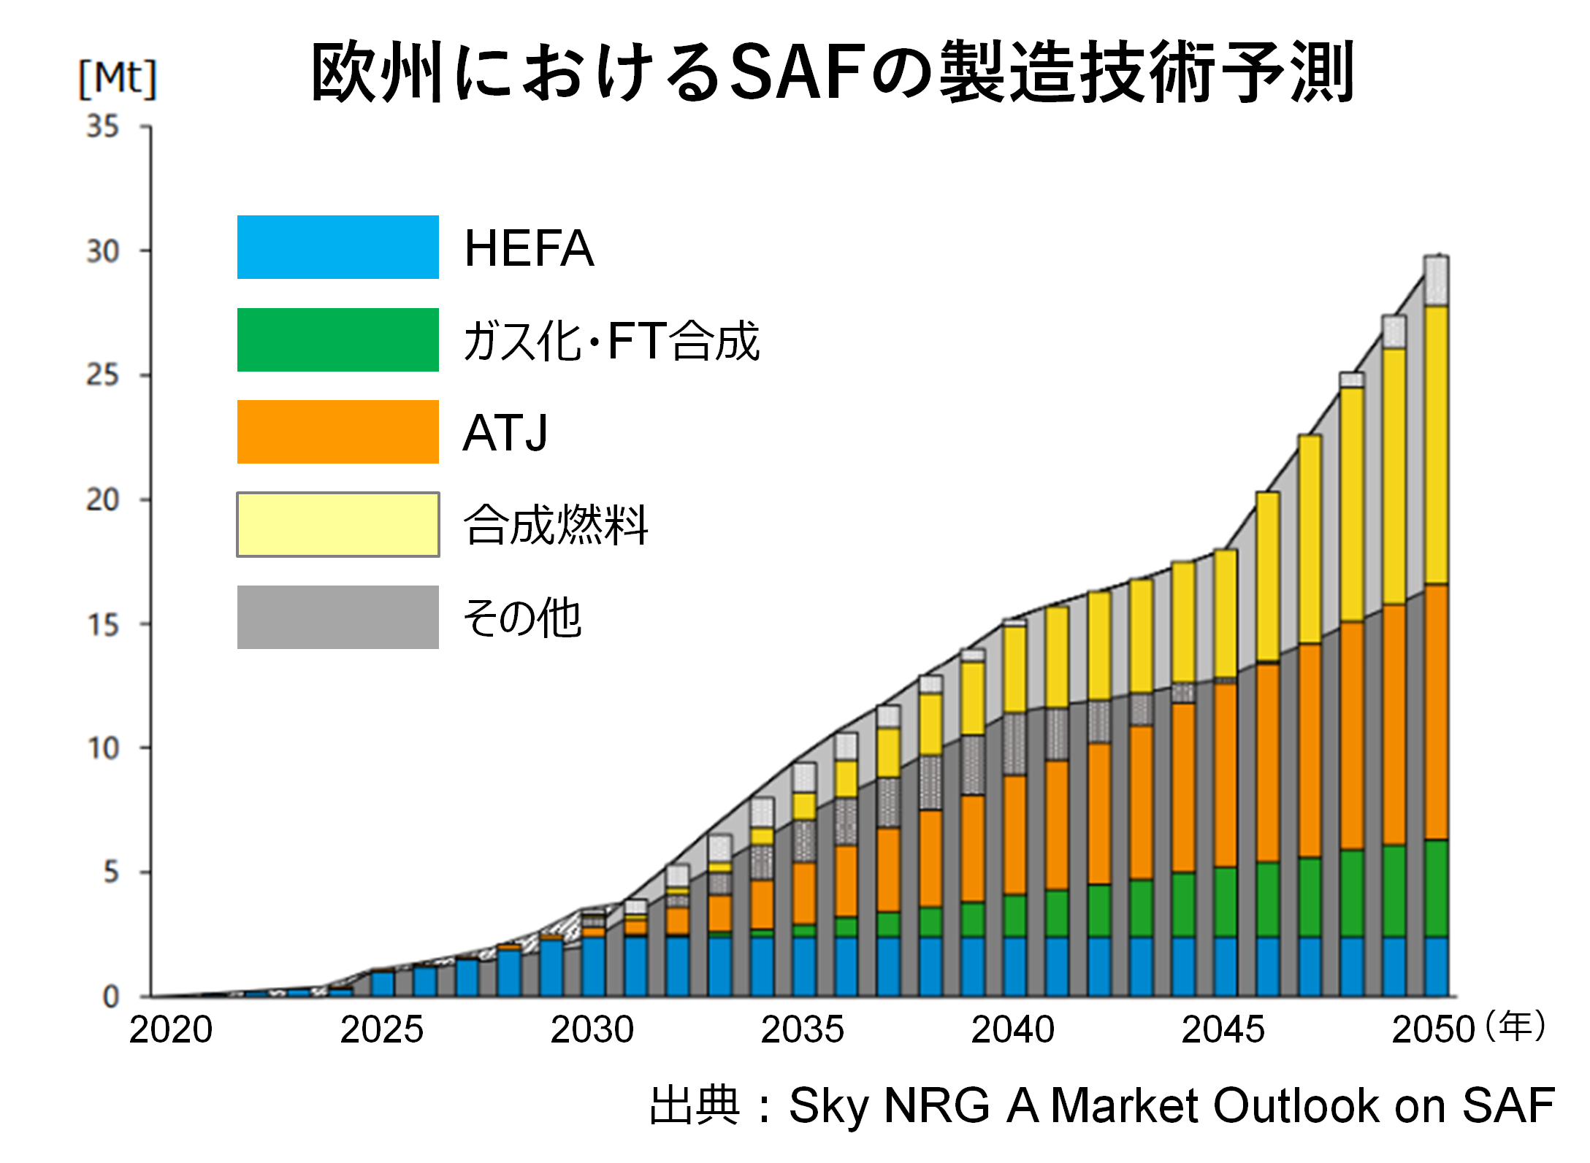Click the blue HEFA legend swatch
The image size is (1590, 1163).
(337, 247)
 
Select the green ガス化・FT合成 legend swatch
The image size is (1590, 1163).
(337, 339)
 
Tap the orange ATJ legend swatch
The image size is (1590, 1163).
(337, 431)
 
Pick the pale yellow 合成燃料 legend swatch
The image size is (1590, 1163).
(337, 524)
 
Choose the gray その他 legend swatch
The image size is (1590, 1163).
(337, 617)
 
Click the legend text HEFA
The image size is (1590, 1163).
(528, 248)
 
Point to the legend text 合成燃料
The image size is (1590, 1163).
(555, 525)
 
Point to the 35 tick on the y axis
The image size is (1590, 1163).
(103, 127)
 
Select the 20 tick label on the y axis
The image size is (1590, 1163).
(103, 500)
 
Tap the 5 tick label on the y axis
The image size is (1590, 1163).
(110, 872)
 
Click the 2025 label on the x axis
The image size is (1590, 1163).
(381, 1030)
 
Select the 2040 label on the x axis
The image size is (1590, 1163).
(1012, 1030)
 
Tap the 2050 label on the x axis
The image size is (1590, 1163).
(1433, 1030)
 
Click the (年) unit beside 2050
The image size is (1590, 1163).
(1516, 1026)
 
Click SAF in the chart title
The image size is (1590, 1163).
(798, 72)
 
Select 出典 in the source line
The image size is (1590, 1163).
(695, 1105)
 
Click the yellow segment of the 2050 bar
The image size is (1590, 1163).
(1437, 445)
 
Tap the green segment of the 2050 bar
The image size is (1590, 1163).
(1437, 888)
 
